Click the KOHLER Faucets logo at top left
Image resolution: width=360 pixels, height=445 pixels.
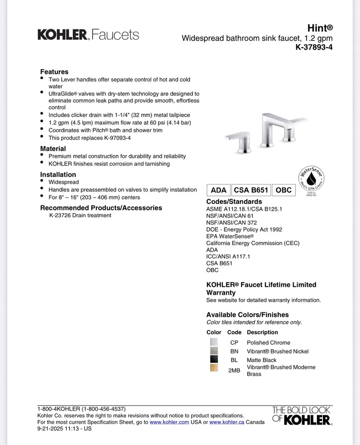[88, 34]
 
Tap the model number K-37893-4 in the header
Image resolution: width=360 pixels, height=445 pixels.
[314, 47]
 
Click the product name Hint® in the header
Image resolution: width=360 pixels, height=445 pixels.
[320, 28]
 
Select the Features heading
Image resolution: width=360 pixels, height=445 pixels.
[54, 72]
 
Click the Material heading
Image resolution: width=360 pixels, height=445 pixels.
[53, 149]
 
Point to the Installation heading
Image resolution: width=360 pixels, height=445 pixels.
[58, 175]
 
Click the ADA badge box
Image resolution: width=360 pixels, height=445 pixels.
[219, 190]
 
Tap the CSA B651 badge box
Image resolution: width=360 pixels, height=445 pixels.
[251, 190]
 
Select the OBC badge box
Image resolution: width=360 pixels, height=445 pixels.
[283, 190]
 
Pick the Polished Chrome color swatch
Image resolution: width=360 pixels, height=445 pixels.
[214, 342]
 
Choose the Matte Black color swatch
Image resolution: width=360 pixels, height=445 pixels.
[214, 360]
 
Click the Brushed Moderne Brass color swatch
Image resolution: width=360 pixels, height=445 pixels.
[214, 369]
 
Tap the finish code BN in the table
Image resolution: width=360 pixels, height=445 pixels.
[234, 351]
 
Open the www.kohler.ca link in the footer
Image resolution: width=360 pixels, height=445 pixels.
[226, 422]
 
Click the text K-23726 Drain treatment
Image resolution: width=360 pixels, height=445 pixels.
[80, 216]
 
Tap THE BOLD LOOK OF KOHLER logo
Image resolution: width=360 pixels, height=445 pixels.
[302, 415]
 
